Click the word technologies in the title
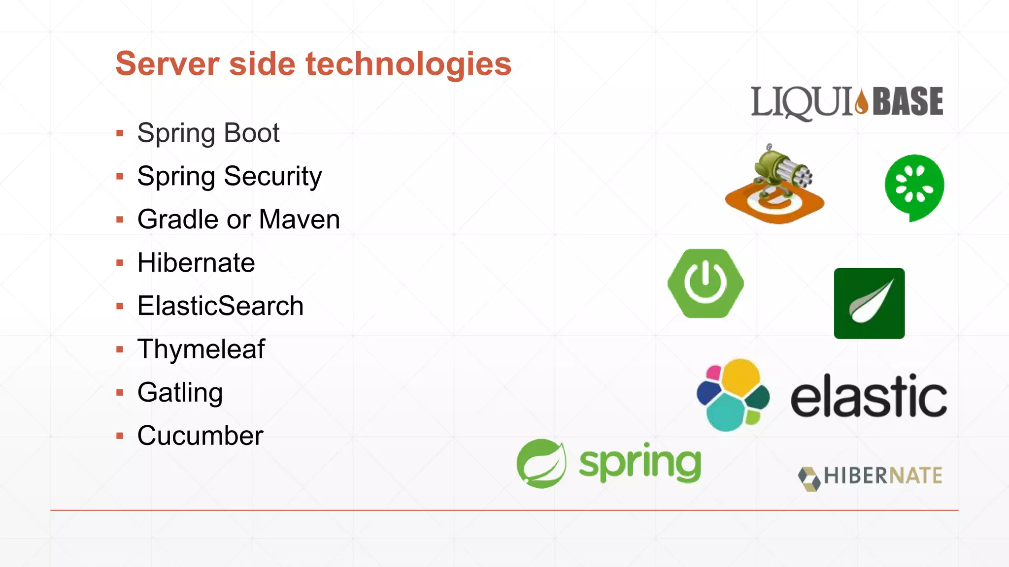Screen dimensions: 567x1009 click(408, 64)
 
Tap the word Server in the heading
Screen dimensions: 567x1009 click(167, 64)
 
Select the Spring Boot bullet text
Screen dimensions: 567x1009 click(208, 133)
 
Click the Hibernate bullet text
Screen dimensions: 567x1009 click(196, 263)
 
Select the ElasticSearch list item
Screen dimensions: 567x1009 click(220, 306)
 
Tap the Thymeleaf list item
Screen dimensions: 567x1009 click(201, 349)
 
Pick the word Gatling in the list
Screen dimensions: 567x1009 click(180, 393)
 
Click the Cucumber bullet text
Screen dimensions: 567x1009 click(200, 436)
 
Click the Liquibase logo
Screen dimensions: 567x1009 click(846, 102)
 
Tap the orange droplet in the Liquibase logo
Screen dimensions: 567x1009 click(862, 102)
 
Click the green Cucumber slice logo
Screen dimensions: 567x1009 click(914, 187)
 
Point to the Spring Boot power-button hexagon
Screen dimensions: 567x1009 click(706, 283)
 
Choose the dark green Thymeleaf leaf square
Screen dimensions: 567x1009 click(869, 303)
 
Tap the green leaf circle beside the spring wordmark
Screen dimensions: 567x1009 click(541, 464)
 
